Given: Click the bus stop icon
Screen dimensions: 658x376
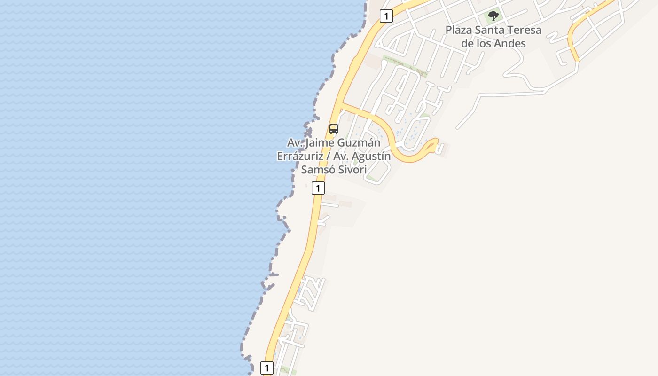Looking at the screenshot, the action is pos(334,128).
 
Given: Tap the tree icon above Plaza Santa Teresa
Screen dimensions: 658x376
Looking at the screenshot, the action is pos(493,16).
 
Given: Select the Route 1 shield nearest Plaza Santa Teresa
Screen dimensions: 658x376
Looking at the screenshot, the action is pos(386,16).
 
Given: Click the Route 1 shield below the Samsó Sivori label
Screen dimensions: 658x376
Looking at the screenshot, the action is pos(318,188).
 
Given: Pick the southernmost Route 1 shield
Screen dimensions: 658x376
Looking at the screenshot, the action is pos(266,368).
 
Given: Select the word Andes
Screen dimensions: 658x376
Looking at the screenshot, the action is pos(510,44).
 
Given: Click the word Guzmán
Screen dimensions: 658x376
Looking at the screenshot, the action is pos(357,142).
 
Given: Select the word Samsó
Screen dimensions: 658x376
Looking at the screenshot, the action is pos(317,170).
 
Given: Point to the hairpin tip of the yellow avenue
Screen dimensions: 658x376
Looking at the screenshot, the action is pos(436,141).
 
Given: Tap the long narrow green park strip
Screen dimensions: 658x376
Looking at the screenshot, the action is pos(405,66).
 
